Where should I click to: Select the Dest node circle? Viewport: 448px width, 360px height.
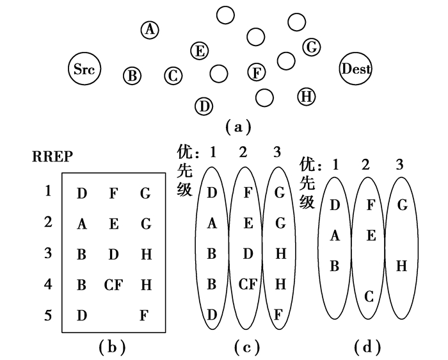pos(356,69)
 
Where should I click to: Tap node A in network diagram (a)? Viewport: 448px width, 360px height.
pos(150,29)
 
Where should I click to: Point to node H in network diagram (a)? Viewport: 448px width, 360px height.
pos(307,97)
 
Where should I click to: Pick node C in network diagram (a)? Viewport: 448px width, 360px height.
pos(173,76)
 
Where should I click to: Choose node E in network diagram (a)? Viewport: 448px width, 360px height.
pos(200,51)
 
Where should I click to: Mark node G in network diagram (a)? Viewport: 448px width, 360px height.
pos(311,47)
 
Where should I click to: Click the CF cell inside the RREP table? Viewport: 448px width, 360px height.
pos(113,285)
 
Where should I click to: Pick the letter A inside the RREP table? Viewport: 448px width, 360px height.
pos(81,224)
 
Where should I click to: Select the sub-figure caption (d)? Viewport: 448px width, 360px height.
pos(367,347)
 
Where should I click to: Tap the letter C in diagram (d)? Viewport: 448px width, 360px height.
pos(369,297)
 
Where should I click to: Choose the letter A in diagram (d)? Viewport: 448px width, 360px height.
pos(335,236)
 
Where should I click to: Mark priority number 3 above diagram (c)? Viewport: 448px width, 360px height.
pos(276,153)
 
